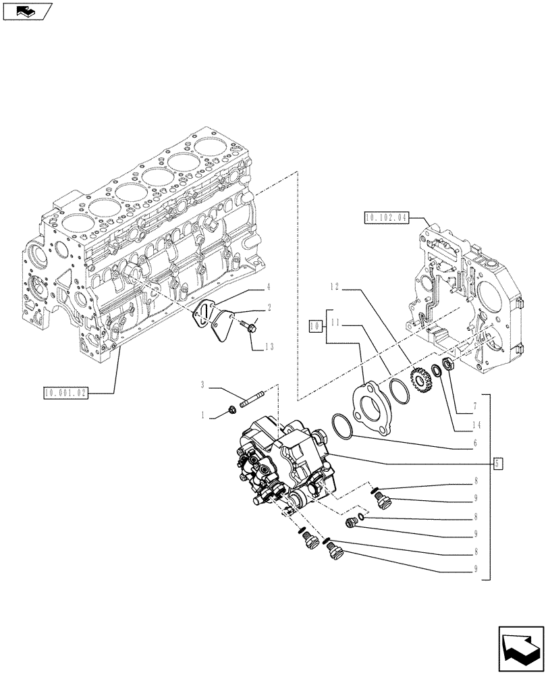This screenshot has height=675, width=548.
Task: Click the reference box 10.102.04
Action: tap(385, 217)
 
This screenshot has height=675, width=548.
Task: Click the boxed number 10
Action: tap(314, 326)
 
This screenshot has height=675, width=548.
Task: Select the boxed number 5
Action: tap(497, 463)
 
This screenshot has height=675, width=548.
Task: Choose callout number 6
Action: tap(476, 443)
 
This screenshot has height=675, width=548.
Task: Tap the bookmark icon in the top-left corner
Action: tap(27, 11)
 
